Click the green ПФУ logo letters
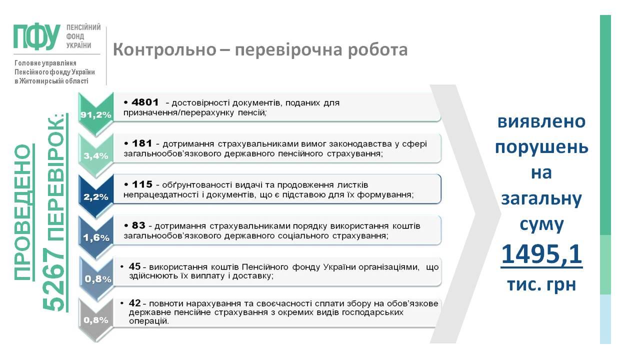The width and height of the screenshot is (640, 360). [x=37, y=36]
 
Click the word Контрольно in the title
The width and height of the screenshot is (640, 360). [x=164, y=49]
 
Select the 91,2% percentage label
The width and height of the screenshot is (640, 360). [x=95, y=115]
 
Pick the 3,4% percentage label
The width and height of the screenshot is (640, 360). [x=95, y=156]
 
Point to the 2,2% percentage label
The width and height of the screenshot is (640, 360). [x=95, y=197]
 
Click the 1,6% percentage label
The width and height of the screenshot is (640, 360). [x=95, y=237]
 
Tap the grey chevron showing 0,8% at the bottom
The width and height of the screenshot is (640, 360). [x=95, y=320]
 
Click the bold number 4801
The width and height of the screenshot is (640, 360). [x=145, y=102]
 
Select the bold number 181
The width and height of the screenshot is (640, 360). [x=142, y=143]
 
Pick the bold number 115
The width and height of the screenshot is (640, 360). [x=142, y=184]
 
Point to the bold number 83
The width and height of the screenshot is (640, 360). [x=138, y=225]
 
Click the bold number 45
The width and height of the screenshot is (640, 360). [x=134, y=266]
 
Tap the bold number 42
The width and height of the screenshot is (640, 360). [x=134, y=303]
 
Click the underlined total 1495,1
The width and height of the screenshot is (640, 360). [x=541, y=254]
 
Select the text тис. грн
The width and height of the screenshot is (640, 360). [x=541, y=284]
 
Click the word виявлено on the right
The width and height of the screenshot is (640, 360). [x=541, y=121]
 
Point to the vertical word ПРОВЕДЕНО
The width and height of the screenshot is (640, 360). [x=22, y=212]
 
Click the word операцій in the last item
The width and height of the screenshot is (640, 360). [x=148, y=321]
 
